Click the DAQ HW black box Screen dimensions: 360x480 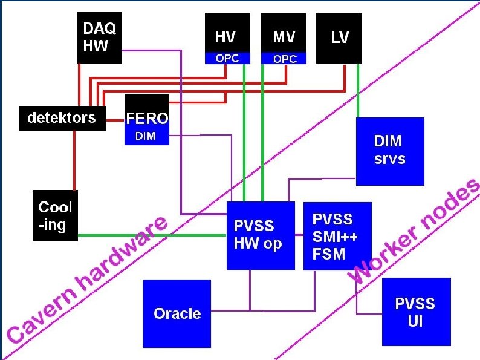pos(99,38)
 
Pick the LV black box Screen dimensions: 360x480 pos(340,38)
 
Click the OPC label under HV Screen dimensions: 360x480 pos(227,59)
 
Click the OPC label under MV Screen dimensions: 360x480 pos(284,59)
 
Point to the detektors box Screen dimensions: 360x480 pos(62,118)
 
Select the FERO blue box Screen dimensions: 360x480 pos(146,119)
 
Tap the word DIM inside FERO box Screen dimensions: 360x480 pos(145,137)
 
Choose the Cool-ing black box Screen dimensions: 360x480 pos(55,215)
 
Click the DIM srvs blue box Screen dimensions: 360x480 pos(390,151)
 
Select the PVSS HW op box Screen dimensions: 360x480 pos(261,236)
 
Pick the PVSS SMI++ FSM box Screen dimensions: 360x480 pos(337,236)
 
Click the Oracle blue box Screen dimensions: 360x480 pos(177,313)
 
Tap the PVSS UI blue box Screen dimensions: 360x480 pos(416,312)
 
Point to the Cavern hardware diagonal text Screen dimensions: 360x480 pos(88,278)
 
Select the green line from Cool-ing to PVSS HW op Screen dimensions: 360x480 pos(151,235)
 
